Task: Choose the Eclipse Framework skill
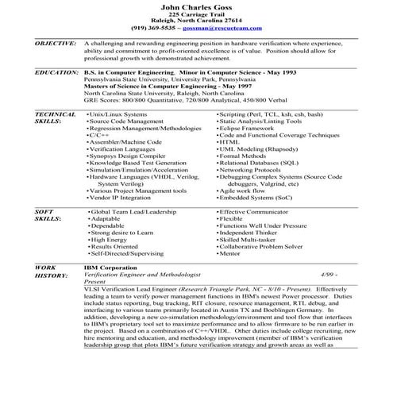tap(252, 129)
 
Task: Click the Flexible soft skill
tap(233, 218)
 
